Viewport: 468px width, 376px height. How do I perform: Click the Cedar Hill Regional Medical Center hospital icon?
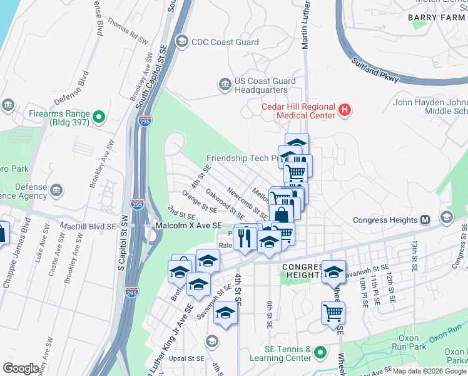tap(343, 111)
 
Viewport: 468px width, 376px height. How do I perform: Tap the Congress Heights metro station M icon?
tap(425, 220)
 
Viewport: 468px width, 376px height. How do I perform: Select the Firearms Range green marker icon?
tap(98, 117)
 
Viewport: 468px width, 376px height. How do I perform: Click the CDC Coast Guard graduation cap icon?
tap(181, 42)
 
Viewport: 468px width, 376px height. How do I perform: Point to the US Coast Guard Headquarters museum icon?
tap(223, 84)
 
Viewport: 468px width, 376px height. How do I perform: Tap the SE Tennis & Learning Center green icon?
tap(320, 353)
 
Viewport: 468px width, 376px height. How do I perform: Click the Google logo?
tap(21, 368)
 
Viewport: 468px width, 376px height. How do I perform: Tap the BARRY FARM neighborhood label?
tap(436, 18)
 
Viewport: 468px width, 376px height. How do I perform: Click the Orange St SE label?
tap(200, 202)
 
